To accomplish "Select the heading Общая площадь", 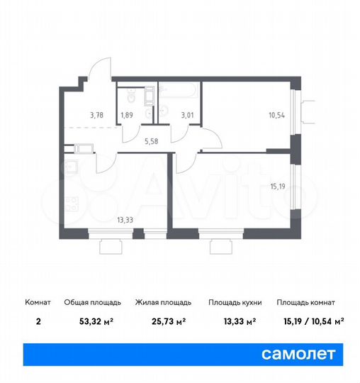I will point(86,302).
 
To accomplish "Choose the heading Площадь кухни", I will point(235,302).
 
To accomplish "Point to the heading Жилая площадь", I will point(161,302).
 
